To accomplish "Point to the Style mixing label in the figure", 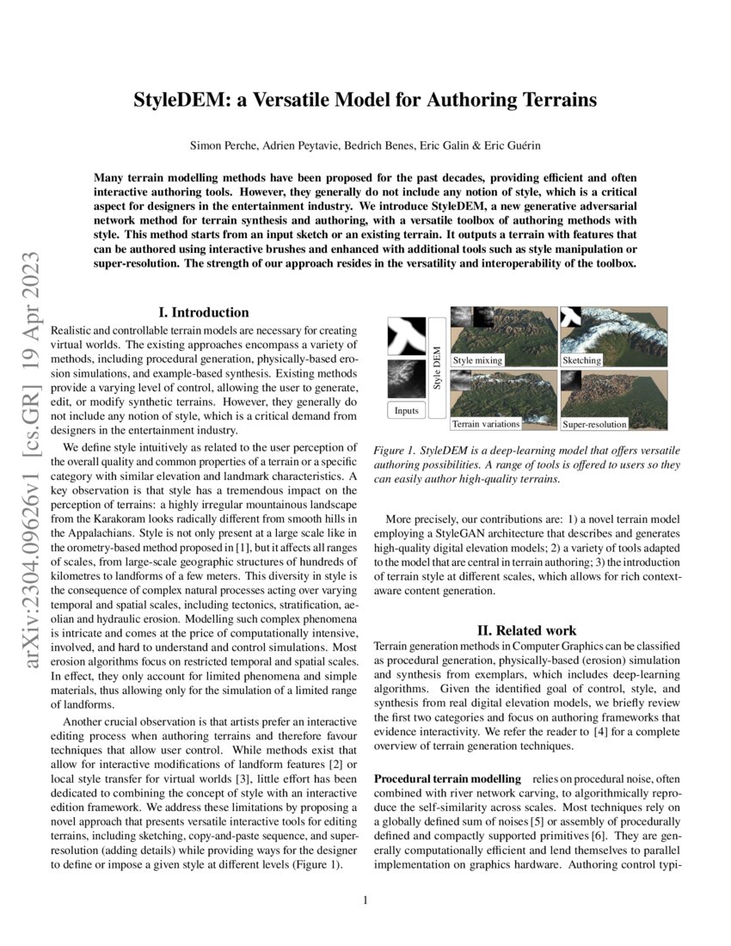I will [x=477, y=360].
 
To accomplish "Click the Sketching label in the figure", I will [x=581, y=360].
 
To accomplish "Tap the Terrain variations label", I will [x=486, y=424].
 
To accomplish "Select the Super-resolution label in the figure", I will [x=595, y=424].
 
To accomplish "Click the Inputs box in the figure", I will [x=406, y=410].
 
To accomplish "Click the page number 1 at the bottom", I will [x=365, y=900].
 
